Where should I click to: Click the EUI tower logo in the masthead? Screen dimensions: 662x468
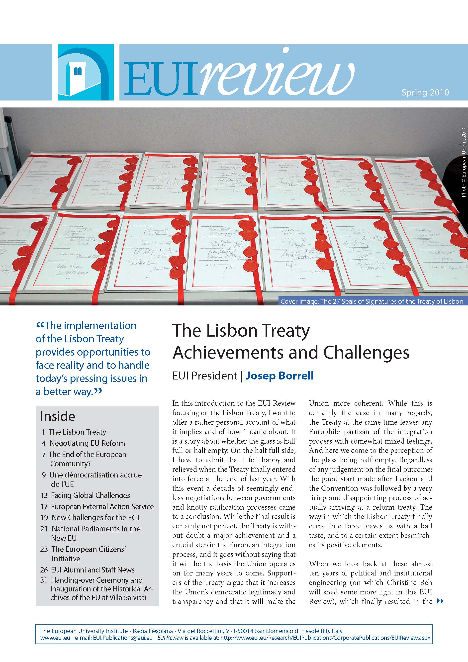pos(86,72)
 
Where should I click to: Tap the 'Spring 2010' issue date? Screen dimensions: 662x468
pos(425,93)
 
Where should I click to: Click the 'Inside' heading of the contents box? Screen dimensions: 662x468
pos(58,416)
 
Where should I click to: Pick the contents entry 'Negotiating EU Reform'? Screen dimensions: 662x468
pos(87,443)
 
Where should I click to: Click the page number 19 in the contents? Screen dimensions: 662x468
pos(44,518)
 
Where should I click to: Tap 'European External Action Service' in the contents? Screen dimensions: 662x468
pos(102,506)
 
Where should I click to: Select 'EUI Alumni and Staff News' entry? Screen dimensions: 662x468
pos(92,570)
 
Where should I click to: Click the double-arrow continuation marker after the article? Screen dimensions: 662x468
pos(440,601)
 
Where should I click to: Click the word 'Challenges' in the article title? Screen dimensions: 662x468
pos(366,352)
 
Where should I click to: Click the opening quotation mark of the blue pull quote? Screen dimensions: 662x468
pos(40,326)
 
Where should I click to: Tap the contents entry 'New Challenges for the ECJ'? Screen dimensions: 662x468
pos(95,518)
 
